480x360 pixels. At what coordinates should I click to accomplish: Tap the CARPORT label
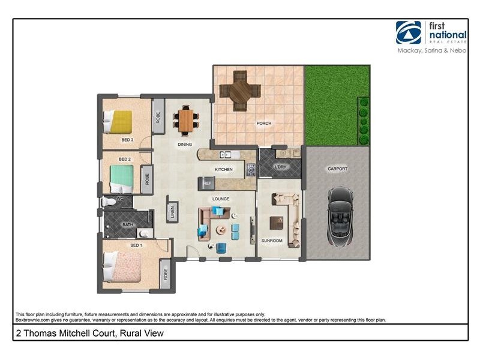point(337,169)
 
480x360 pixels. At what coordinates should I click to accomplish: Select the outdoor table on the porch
point(240,90)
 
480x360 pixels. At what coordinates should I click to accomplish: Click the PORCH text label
point(264,124)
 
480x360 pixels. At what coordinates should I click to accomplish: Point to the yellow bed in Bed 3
point(119,122)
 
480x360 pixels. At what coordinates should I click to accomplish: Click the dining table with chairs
point(185,120)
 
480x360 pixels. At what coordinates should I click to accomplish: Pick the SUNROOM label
point(272,241)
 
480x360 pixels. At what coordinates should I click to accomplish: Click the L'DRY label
point(280,167)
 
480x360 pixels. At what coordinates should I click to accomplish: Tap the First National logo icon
point(408,32)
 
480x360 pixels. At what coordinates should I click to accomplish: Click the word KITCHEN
point(224,170)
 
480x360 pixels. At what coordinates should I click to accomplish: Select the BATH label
point(128,225)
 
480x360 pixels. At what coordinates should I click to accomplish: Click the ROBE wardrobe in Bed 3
point(158,116)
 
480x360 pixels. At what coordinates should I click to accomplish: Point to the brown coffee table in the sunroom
point(277,223)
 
